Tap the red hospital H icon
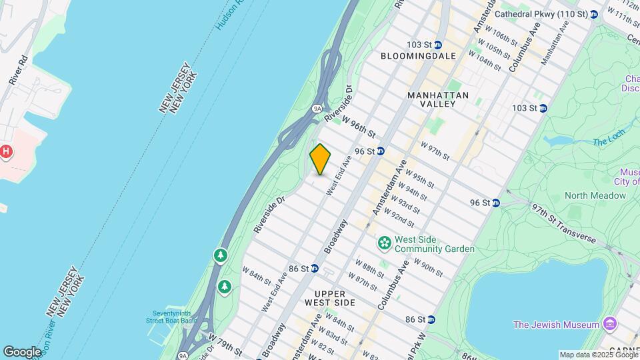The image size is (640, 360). point(6,152)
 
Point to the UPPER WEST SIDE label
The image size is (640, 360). point(325,298)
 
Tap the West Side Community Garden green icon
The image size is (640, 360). point(384,244)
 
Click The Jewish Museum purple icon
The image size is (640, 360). point(609,325)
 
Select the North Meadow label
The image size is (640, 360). point(595,195)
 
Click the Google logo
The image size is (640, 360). point(22,351)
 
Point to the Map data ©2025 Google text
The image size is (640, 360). point(597,355)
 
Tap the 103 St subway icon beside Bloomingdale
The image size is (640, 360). point(438,45)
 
